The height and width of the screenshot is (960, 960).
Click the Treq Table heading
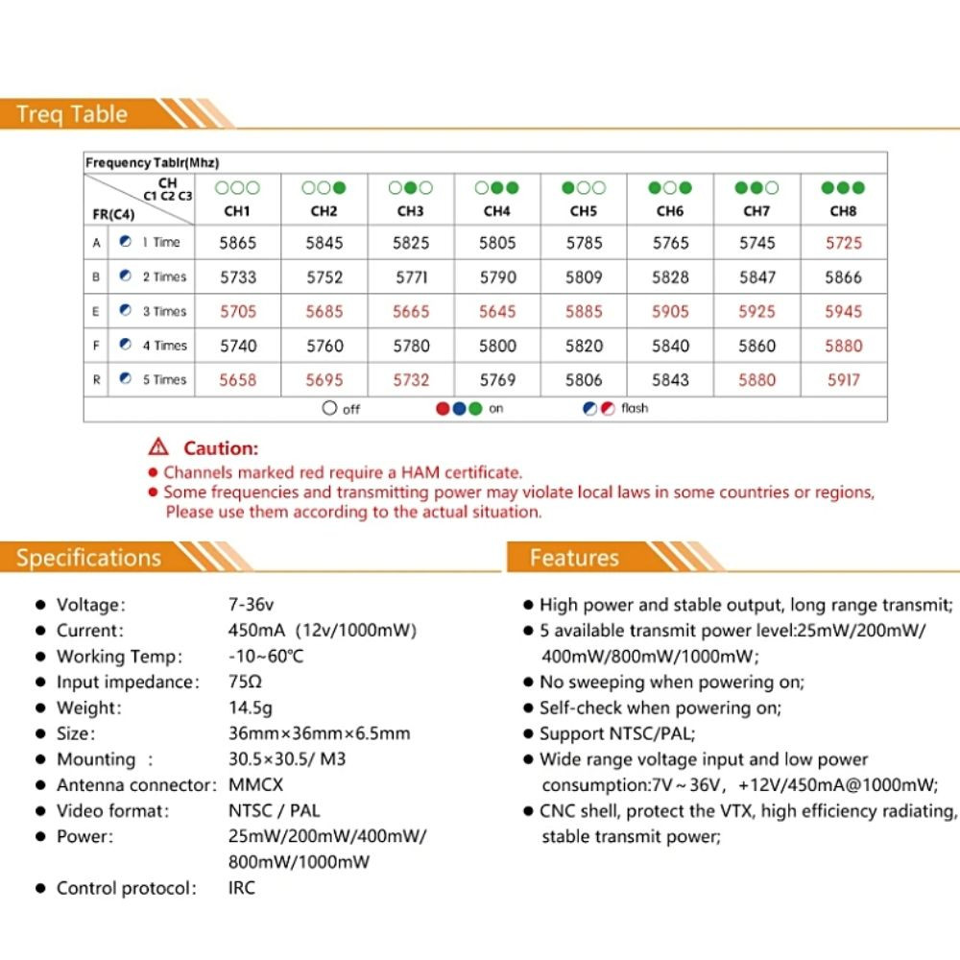coord(72,114)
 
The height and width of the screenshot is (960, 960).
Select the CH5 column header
coord(584,211)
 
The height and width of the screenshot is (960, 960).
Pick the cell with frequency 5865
coord(238,243)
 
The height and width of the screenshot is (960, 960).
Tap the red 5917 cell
coord(844,380)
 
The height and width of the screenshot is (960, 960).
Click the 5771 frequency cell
coord(411,277)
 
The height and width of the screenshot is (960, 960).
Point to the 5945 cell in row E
coord(844,312)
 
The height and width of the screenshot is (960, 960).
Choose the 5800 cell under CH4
coord(497,346)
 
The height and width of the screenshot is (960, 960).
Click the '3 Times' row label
coord(164,311)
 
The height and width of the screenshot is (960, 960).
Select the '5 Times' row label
coord(164,379)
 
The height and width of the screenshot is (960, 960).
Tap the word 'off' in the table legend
coord(351,409)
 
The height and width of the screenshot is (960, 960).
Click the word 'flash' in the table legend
coord(635,408)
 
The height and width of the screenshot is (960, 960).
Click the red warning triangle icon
coord(158,447)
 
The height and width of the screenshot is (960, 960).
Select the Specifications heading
coord(88,558)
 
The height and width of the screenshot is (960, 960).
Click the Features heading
coord(574,558)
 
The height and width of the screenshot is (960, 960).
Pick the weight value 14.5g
coord(251,708)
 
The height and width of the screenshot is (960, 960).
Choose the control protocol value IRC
coord(242,888)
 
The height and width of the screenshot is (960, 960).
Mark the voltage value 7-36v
coord(252,605)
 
